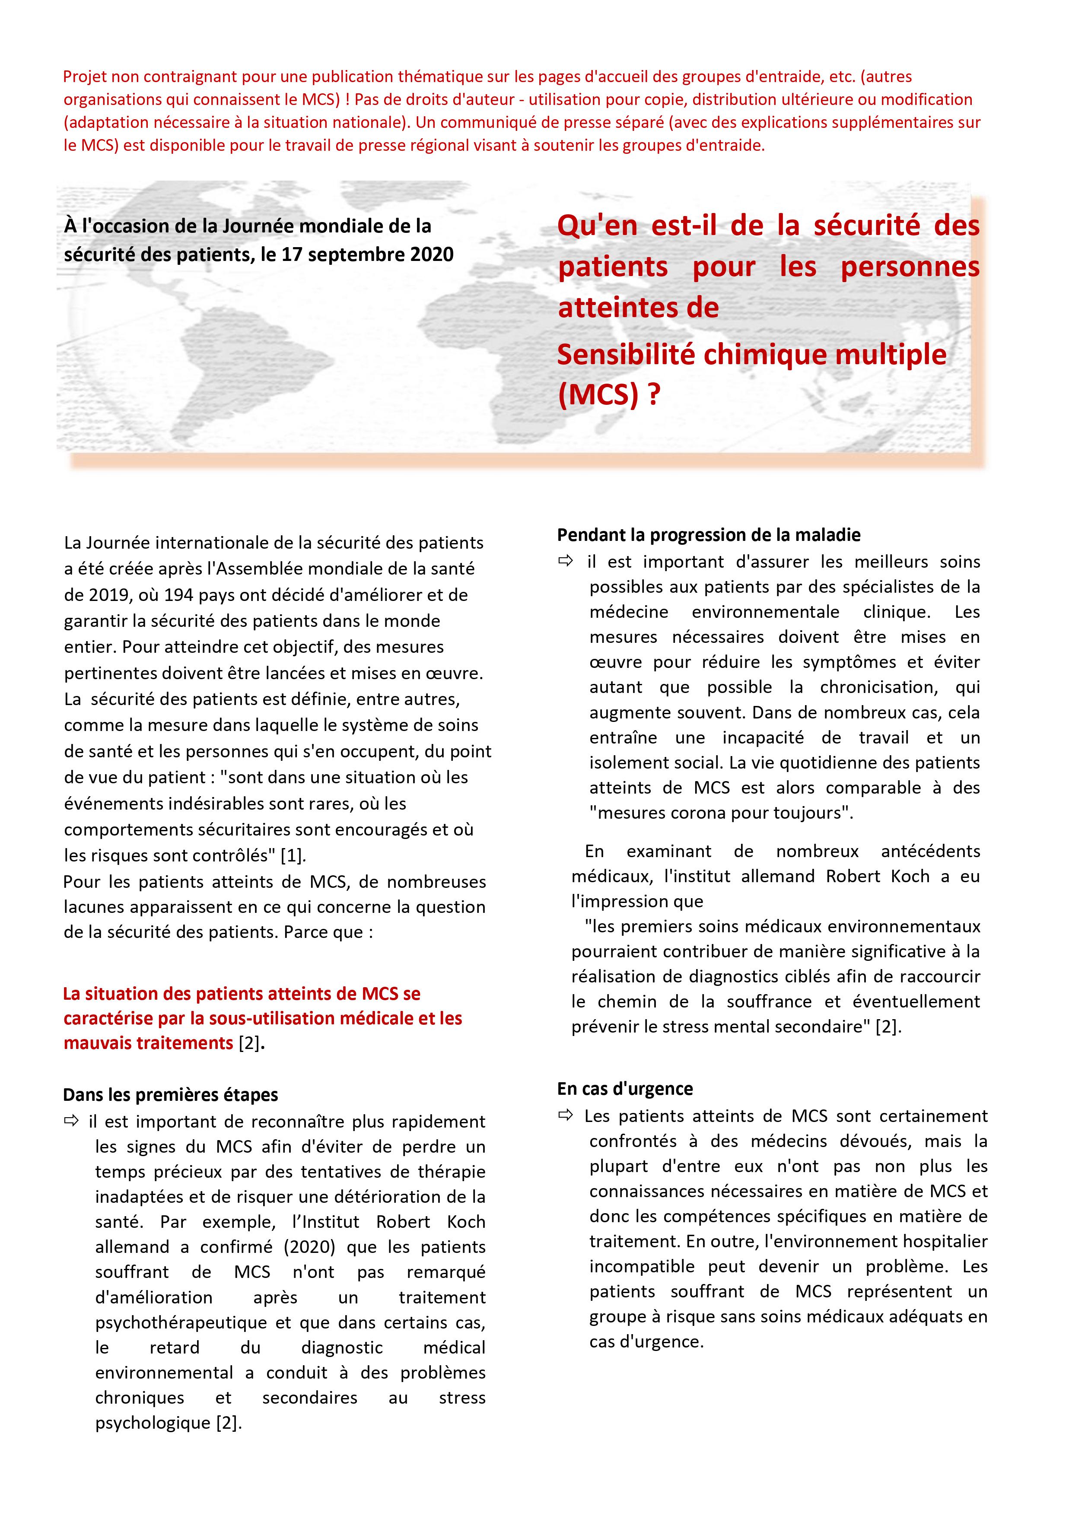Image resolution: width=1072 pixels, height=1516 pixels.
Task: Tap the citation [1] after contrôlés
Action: point(293,856)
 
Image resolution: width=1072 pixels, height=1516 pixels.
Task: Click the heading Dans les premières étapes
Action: point(170,1095)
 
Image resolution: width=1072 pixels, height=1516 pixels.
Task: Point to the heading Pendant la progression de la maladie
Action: point(708,535)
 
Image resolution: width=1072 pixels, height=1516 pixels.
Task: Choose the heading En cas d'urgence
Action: point(625,1089)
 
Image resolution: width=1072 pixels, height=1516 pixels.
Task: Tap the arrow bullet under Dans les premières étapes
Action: point(71,1121)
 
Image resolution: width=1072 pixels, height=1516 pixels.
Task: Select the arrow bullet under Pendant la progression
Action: point(566,561)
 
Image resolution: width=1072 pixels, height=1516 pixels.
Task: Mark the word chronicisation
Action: point(878,687)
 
